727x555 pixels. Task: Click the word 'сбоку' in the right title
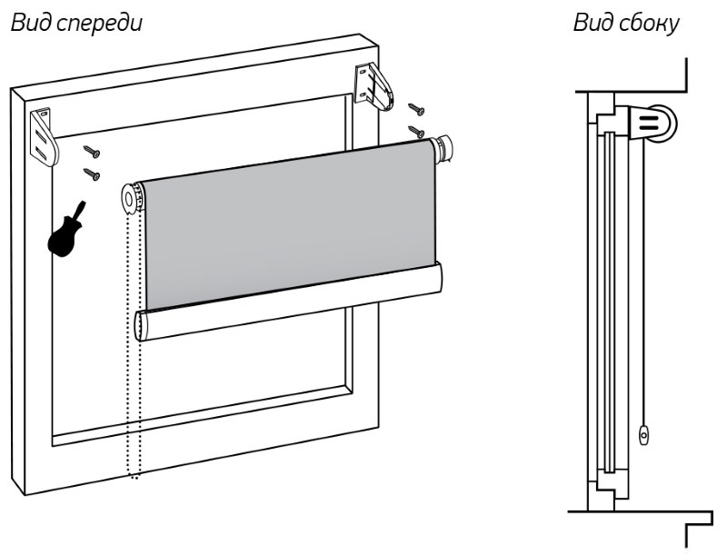point(649,25)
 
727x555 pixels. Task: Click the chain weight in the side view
point(644,436)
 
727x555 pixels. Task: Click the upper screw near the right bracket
point(417,110)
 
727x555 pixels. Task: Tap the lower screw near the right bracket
point(417,132)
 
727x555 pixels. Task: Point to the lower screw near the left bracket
point(91,172)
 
